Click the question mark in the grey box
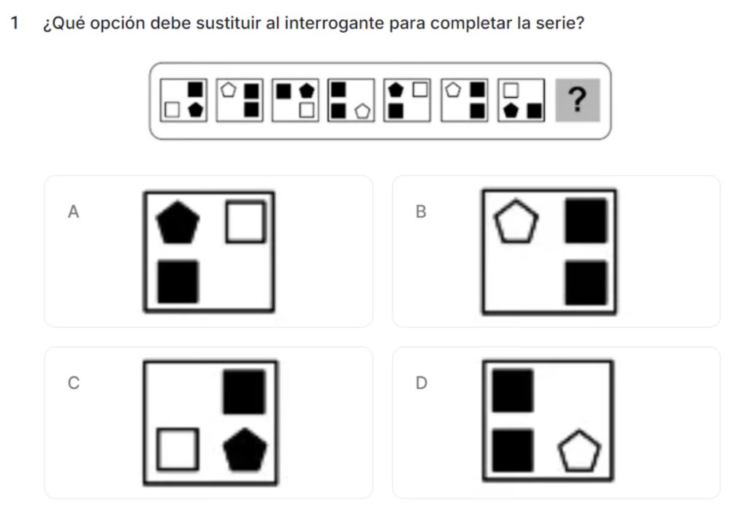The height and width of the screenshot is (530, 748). coord(578,99)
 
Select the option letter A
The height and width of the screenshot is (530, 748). coord(73,212)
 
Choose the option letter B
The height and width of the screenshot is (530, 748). coord(421,212)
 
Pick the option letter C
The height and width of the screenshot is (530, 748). coord(74,383)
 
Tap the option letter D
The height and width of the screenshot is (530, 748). coord(421,383)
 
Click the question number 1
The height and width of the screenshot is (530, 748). coord(15,23)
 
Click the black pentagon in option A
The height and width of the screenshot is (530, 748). coord(178,223)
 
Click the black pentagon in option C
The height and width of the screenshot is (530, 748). coord(245,450)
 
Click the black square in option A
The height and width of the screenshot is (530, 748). coord(178,282)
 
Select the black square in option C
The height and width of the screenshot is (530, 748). coord(244,392)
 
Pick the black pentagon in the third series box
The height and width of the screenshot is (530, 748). coord(307,91)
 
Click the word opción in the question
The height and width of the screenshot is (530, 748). coord(117,24)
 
